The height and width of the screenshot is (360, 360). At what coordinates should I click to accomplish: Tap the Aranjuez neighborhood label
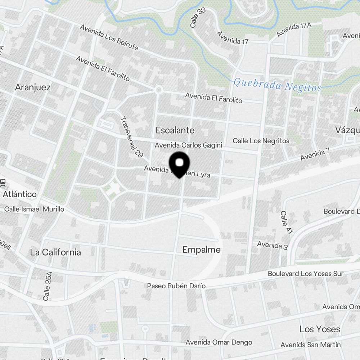[x=33, y=87]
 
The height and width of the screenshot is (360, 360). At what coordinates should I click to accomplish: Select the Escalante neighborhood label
[x=175, y=130]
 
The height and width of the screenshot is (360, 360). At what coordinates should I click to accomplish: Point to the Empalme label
[x=202, y=249]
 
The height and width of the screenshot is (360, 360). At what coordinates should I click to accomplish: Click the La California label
[x=55, y=252]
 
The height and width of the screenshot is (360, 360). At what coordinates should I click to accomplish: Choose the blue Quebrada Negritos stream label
[x=277, y=85]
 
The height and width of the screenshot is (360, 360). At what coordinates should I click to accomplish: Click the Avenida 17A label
[x=294, y=30]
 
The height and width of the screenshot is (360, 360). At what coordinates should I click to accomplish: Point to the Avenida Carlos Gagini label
[x=188, y=145]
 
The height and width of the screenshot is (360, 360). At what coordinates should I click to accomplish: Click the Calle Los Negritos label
[x=261, y=141]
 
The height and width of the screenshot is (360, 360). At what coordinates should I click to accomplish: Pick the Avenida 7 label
[x=315, y=154]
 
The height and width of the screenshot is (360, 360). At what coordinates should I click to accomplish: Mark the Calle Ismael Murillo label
[x=34, y=209]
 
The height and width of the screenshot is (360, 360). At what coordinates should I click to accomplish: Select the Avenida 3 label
[x=272, y=246]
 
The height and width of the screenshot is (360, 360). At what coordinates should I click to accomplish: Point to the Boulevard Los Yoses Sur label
[x=306, y=274]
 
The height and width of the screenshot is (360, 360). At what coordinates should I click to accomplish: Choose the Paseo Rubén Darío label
[x=176, y=286]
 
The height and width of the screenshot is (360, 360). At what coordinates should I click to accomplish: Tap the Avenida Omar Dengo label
[x=219, y=342]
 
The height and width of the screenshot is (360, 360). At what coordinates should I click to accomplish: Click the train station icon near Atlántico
[x=3, y=183]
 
